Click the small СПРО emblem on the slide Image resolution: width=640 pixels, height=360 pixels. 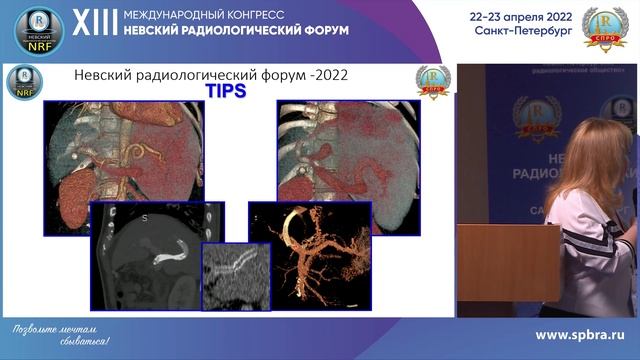coord(433,81)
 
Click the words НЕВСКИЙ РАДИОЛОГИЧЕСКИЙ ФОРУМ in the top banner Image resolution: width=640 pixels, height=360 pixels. coord(235,31)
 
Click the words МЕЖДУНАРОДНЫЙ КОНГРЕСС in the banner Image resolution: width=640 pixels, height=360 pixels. coord(206,16)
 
